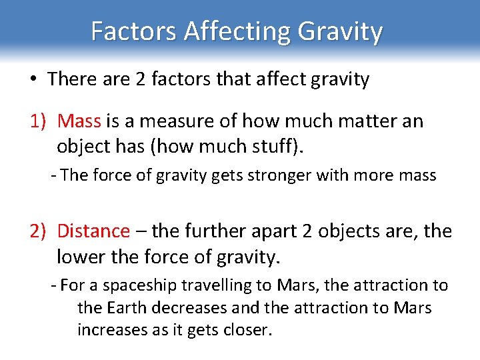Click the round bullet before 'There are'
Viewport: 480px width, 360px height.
(x=33, y=80)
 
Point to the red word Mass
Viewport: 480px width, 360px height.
(x=79, y=121)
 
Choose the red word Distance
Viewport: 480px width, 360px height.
(x=93, y=231)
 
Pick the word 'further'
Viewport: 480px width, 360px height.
(x=217, y=231)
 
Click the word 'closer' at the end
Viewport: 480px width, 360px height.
(x=249, y=330)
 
